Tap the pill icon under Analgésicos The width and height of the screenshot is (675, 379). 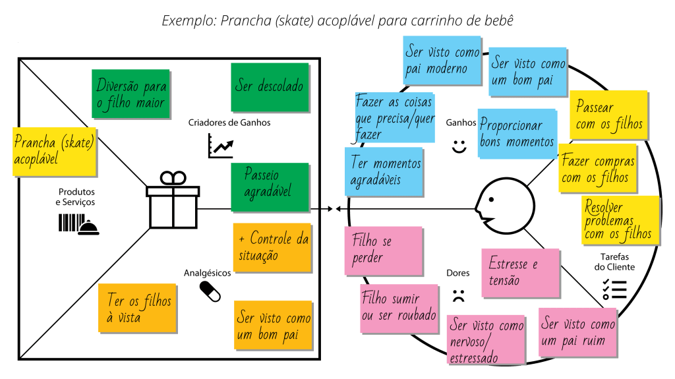click(210, 291)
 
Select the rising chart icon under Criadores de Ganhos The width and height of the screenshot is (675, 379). click(220, 145)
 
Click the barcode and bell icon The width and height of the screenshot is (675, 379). click(78, 224)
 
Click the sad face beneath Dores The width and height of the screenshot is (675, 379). click(459, 295)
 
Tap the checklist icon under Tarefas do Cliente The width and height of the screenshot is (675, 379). click(614, 289)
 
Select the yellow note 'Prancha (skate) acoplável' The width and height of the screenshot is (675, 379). click(54, 151)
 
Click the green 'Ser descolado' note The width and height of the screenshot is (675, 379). click(270, 87)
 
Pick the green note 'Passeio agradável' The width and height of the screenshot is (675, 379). click(270, 187)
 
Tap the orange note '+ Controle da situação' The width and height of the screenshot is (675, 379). click(272, 247)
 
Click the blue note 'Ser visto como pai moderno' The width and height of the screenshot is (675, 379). click(442, 61)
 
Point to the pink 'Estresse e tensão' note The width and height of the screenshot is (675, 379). click(520, 272)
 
